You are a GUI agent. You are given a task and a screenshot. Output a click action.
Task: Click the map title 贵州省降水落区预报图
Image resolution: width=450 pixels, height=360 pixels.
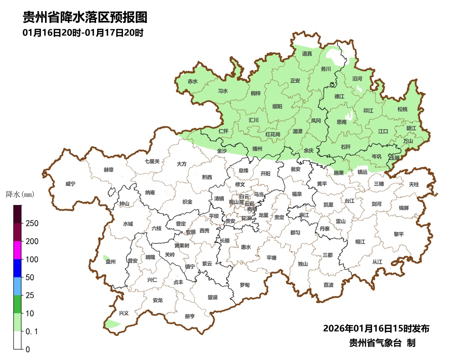[x=85, y=18]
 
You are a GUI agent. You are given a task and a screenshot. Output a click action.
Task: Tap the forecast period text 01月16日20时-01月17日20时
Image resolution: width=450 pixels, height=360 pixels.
[x=83, y=33]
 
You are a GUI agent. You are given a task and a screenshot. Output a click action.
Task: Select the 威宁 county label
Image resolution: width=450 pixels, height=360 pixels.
[x=70, y=184]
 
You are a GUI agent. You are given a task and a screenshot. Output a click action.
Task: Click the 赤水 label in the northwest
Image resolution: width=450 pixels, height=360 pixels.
[x=192, y=82]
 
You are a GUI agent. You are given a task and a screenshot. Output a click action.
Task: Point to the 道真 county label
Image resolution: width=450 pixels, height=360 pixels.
[x=307, y=54]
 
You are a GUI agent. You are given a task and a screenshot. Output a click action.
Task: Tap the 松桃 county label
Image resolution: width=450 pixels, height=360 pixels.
[x=402, y=109]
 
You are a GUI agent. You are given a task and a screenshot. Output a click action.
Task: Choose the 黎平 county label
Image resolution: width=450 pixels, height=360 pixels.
[x=399, y=234]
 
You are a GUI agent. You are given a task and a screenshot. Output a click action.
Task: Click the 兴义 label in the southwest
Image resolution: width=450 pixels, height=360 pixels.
[x=124, y=313]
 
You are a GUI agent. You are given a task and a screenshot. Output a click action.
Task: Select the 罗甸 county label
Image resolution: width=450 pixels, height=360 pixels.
[x=245, y=285]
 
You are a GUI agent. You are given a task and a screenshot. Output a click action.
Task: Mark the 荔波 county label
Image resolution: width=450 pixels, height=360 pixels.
[x=328, y=285]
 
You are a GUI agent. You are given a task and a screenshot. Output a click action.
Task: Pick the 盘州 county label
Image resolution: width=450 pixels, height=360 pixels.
[x=110, y=262]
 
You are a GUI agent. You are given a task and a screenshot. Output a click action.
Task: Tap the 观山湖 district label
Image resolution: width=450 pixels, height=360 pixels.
[x=236, y=202]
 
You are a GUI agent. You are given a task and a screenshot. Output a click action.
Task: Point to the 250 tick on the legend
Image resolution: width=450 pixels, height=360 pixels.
[x=32, y=223]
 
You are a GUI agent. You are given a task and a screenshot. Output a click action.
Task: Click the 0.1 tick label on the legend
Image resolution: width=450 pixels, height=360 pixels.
[x=32, y=331]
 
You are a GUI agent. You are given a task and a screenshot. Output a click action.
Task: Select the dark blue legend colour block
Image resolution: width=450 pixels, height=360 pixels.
[x=17, y=268]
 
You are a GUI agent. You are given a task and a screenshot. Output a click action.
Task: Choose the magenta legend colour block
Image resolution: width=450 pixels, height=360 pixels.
[x=17, y=250]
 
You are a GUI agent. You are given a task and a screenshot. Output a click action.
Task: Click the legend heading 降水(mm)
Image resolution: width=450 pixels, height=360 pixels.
[x=20, y=195]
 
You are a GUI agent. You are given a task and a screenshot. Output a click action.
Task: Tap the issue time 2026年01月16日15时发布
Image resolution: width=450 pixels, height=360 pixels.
[x=376, y=329]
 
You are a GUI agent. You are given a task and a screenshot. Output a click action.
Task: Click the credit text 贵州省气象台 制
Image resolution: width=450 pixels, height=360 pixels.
[x=382, y=343]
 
